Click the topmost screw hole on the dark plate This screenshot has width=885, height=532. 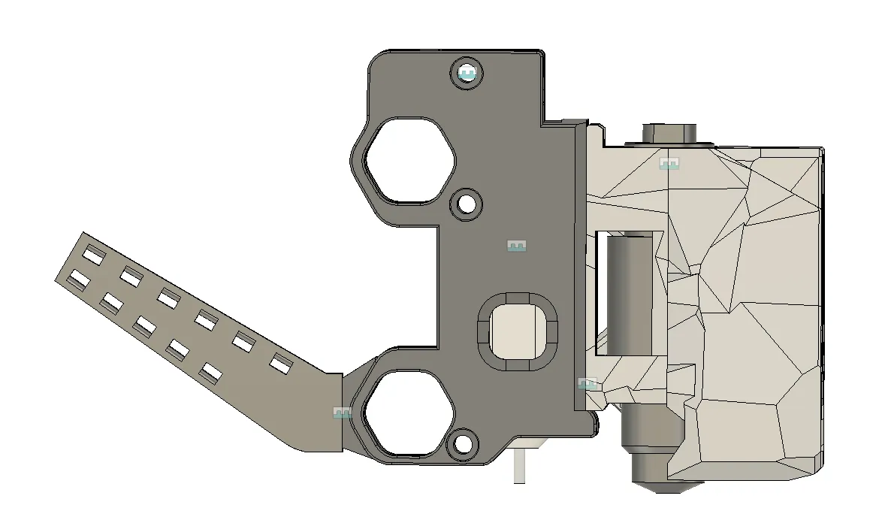tap(467, 74)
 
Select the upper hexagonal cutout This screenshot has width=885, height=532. tap(409, 160)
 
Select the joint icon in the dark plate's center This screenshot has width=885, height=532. tap(516, 246)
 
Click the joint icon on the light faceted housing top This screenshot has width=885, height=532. tap(669, 163)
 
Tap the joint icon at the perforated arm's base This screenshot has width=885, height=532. tap(342, 413)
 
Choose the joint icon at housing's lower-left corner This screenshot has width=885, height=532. tap(587, 383)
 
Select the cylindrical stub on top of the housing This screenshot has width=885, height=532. tap(669, 132)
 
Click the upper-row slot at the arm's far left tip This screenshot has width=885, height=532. tap(93, 255)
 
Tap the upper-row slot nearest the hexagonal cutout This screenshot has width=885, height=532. tap(280, 364)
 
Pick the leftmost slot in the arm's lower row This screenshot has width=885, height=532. tap(75, 281)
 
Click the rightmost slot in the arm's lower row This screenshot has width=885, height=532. tap(211, 372)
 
